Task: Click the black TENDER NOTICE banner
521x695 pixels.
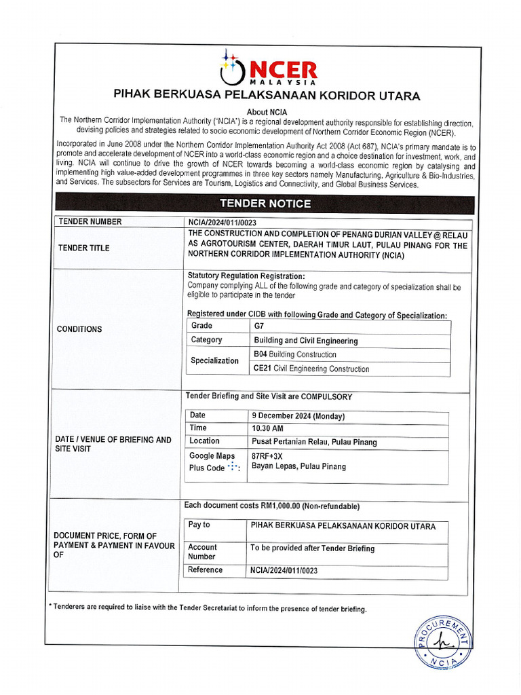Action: click(x=265, y=204)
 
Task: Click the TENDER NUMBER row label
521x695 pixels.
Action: click(x=90, y=222)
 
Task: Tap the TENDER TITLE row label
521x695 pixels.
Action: click(x=84, y=248)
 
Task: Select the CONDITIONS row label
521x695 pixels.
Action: click(x=80, y=329)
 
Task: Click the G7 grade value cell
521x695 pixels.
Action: click(x=260, y=326)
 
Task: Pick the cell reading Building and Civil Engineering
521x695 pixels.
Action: click(x=306, y=341)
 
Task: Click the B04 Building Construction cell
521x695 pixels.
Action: click(x=295, y=355)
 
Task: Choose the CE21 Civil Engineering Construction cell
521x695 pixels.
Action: click(x=311, y=369)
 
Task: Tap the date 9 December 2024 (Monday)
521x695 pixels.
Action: click(x=298, y=416)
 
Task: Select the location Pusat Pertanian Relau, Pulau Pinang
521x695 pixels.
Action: click(x=314, y=442)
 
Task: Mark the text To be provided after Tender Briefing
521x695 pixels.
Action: click(x=312, y=548)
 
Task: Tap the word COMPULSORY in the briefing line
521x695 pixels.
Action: click(x=326, y=396)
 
